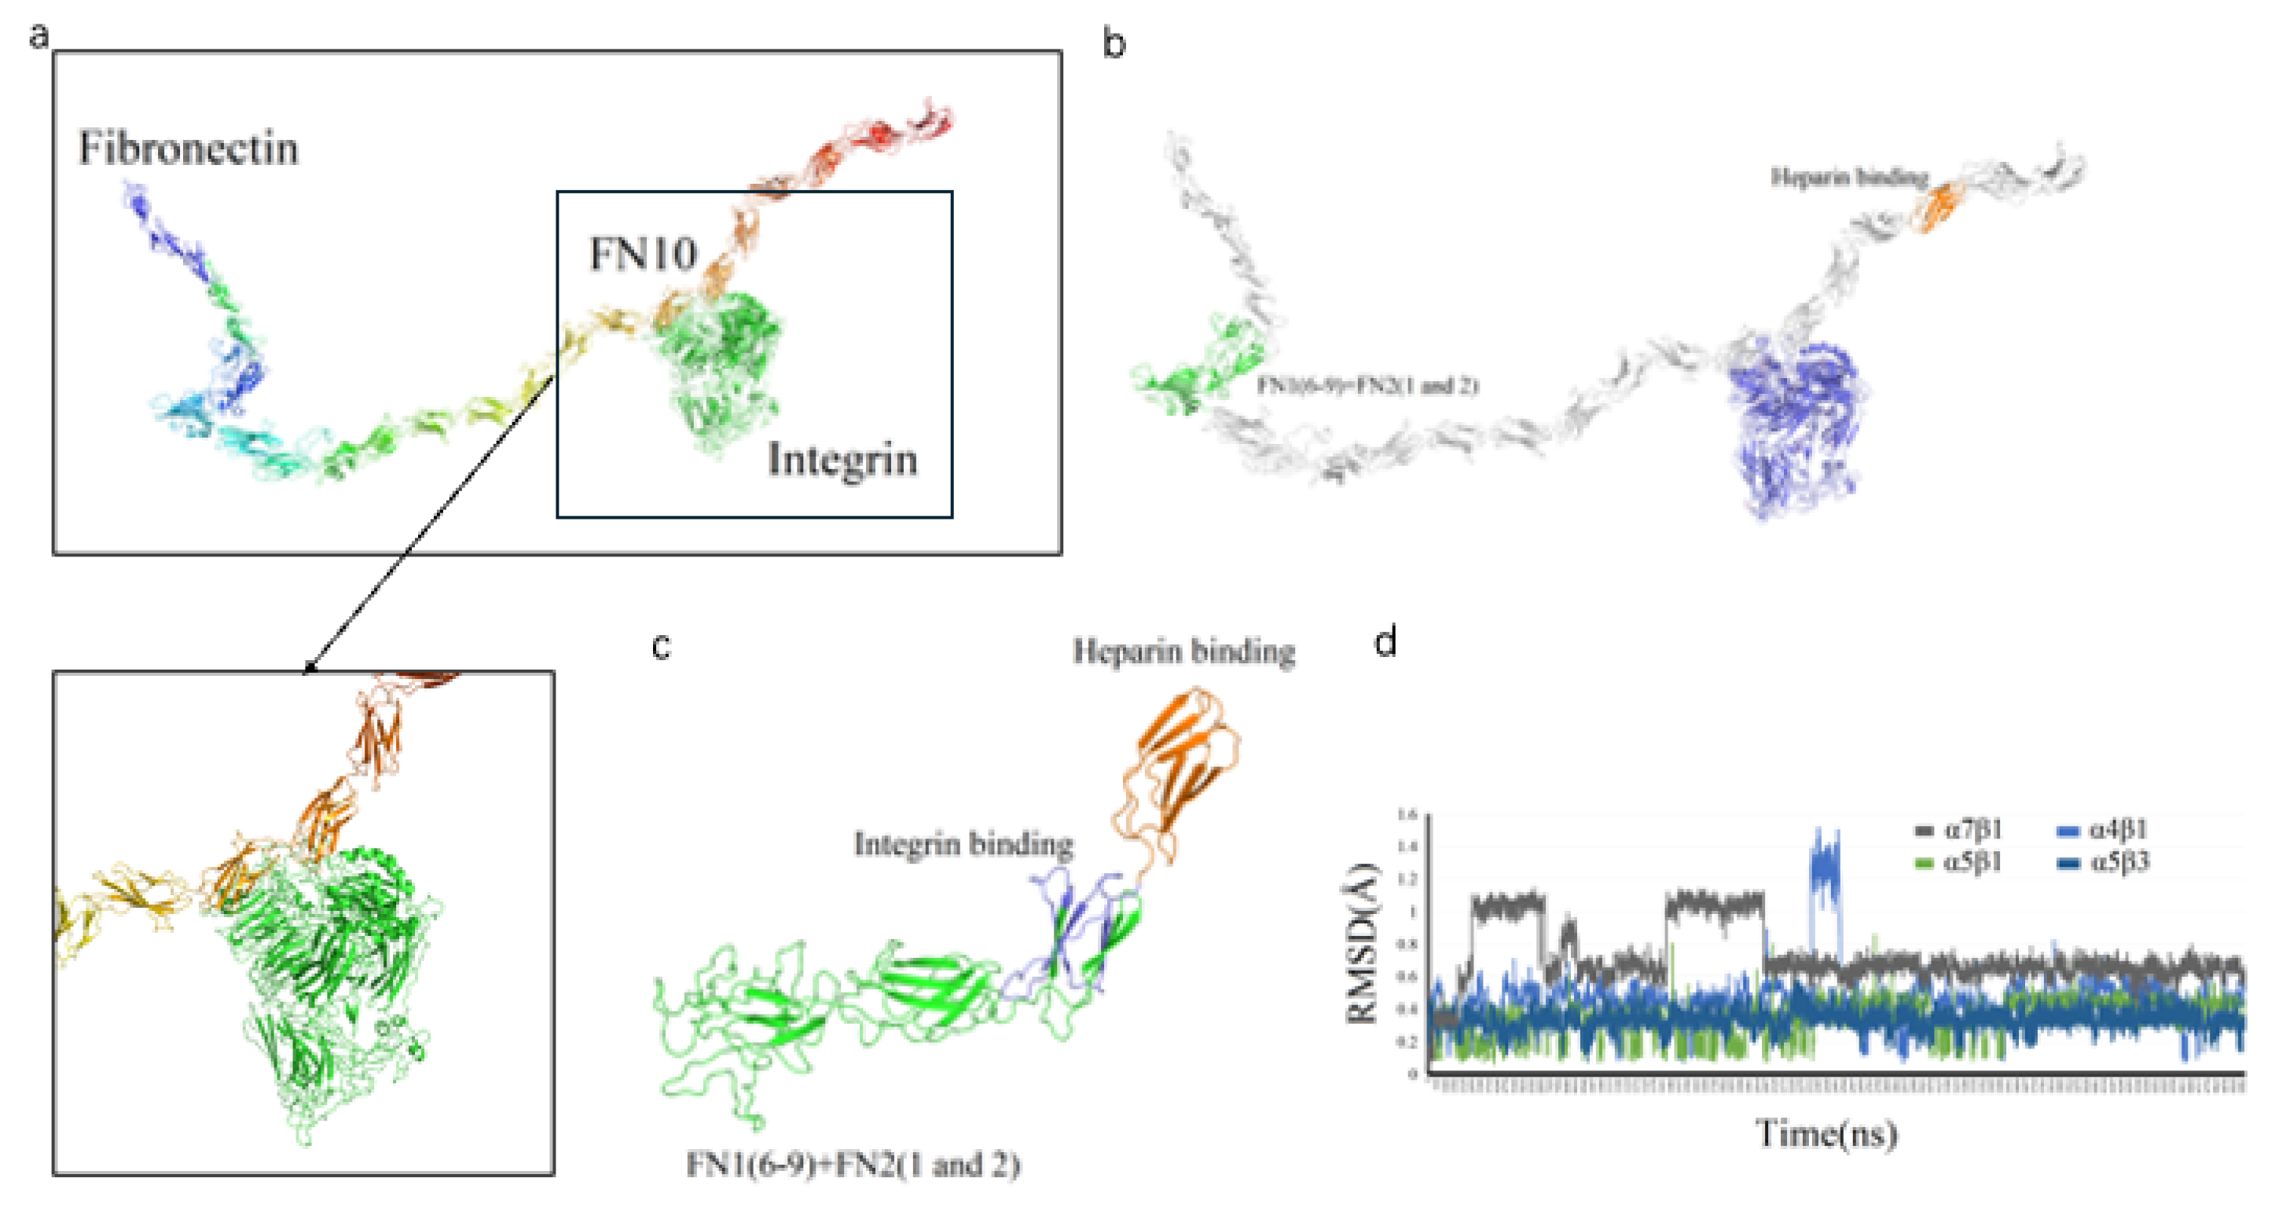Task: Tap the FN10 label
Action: click(x=643, y=255)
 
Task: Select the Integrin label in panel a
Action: click(x=842, y=460)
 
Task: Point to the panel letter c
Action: click(x=661, y=646)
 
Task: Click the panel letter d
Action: click(x=1385, y=642)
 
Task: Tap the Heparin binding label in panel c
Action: click(x=1183, y=652)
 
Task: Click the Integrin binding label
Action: click(x=963, y=844)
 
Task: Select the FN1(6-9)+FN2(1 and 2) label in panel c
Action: click(x=853, y=1165)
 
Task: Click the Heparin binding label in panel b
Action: click(x=1849, y=178)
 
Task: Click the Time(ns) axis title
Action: click(x=1826, y=1133)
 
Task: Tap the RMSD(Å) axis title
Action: click(x=1363, y=943)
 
